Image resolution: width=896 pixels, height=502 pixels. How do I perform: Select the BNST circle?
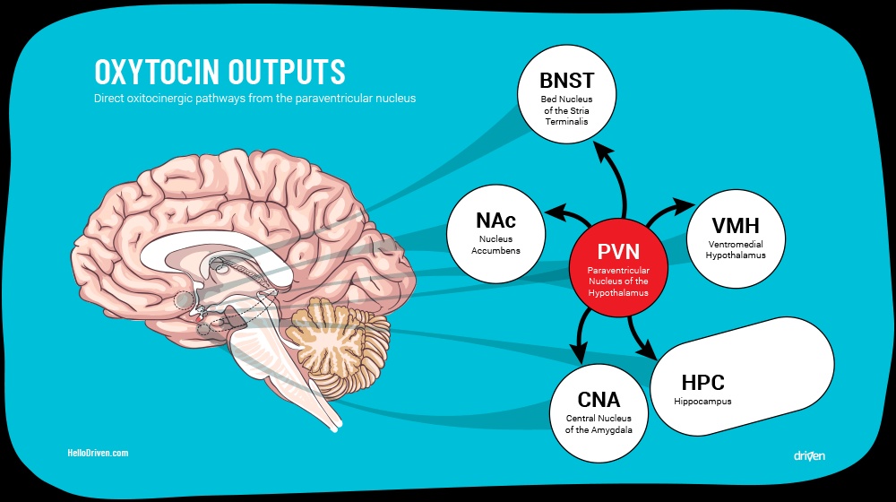565,100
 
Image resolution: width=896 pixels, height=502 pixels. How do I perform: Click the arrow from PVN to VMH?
668,212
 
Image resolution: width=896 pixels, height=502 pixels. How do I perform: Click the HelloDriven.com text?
99,454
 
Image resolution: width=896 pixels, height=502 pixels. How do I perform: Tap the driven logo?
808,455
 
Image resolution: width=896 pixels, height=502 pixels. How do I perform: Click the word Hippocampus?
702,402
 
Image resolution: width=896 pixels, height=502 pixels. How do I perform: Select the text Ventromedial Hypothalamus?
735,249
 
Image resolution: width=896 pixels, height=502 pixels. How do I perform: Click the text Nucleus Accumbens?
495,245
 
